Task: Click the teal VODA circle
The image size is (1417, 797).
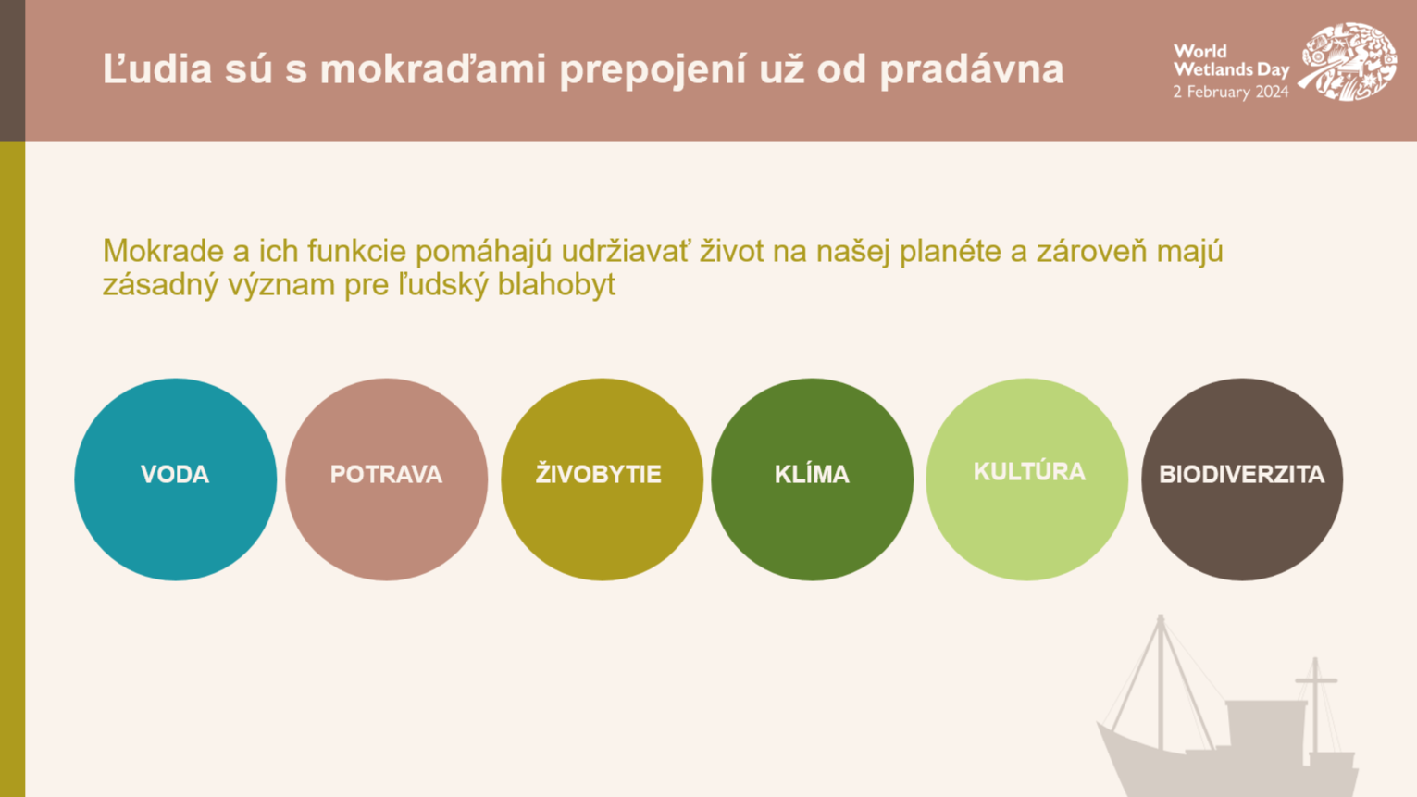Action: click(x=175, y=479)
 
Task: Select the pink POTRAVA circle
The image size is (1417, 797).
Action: click(x=387, y=479)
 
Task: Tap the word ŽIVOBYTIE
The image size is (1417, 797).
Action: click(x=599, y=474)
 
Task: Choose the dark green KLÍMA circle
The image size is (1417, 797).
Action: click(x=813, y=479)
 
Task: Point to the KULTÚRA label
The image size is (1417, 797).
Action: click(x=1029, y=471)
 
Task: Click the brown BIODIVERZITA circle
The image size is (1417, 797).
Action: click(x=1242, y=479)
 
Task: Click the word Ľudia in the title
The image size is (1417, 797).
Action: click(x=157, y=68)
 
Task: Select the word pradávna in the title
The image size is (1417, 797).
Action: click(x=972, y=69)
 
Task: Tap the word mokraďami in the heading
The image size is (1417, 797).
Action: click(x=433, y=68)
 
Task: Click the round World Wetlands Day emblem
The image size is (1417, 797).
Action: click(x=1349, y=61)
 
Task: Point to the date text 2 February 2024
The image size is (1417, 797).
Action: click(x=1230, y=93)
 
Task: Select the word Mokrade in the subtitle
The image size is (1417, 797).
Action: click(x=163, y=251)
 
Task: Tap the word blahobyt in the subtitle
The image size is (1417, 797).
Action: click(x=556, y=285)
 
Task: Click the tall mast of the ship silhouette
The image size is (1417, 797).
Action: click(x=1161, y=682)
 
